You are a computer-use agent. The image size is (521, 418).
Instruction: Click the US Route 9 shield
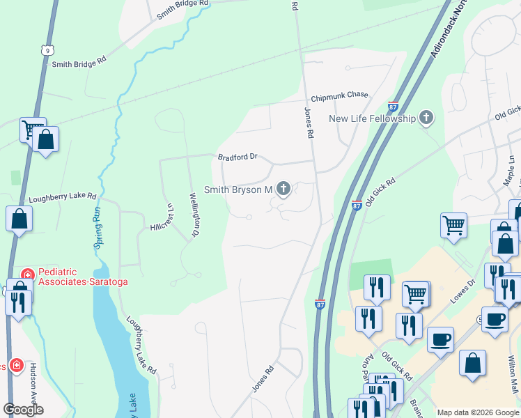pyautogui.click(x=47, y=50)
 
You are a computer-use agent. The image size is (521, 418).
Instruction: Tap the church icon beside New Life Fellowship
pyautogui.click(x=426, y=118)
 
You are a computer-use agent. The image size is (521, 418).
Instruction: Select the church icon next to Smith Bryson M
pyautogui.click(x=283, y=189)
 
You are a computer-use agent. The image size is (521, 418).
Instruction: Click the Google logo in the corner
pyautogui.click(x=23, y=410)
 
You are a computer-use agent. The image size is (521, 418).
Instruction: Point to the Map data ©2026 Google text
pyautogui.click(x=477, y=412)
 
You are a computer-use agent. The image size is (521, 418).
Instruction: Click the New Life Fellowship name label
pyautogui.click(x=372, y=118)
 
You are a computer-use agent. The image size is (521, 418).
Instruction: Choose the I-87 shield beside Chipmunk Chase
pyautogui.click(x=393, y=107)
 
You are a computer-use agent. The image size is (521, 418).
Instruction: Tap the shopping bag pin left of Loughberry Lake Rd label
pyautogui.click(x=20, y=220)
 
